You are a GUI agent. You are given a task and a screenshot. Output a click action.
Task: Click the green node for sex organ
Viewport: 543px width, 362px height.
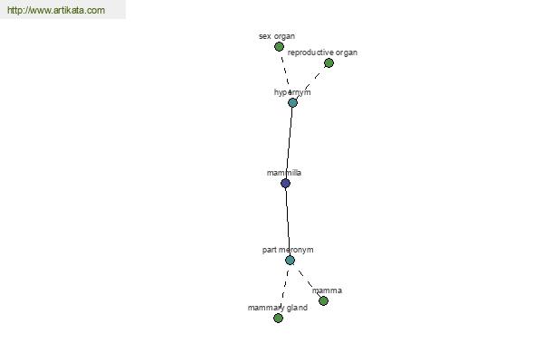pos(279,46)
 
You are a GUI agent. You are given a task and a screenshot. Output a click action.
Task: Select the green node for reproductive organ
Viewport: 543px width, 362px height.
pos(329,62)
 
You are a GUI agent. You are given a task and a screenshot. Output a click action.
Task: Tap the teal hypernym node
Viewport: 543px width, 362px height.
pos(292,102)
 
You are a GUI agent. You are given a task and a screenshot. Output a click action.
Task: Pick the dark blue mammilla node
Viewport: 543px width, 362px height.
pos(285,183)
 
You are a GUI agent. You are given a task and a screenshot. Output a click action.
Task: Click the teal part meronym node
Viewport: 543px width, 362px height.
pos(291,260)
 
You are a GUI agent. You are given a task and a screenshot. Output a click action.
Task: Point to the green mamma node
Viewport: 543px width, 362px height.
pos(323,300)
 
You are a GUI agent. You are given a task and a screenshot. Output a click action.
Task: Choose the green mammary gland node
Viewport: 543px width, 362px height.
pos(278,318)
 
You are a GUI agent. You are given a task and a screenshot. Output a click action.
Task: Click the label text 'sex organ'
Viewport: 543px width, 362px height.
pos(277,36)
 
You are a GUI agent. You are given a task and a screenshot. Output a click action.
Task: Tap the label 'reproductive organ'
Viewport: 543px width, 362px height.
pos(322,52)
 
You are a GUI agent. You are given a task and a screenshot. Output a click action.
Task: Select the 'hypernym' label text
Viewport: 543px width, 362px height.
pos(292,92)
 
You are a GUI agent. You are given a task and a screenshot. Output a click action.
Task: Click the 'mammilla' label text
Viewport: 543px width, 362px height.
pos(284,173)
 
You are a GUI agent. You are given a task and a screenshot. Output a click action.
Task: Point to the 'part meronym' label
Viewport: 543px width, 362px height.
pos(288,250)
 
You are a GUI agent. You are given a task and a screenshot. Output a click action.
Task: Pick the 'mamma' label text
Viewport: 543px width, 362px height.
pos(327,291)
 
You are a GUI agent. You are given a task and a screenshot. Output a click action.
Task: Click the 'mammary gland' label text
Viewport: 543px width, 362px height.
pos(278,308)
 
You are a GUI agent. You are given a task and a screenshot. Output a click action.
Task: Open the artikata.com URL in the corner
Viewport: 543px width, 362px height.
pos(56,10)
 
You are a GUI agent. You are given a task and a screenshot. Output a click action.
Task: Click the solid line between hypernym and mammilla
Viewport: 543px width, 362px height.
pos(290,143)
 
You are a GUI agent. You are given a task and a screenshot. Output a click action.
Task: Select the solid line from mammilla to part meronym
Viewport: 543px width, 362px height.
pos(288,222)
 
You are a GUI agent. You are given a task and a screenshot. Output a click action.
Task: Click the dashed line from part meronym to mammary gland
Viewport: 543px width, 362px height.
pos(284,289)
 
